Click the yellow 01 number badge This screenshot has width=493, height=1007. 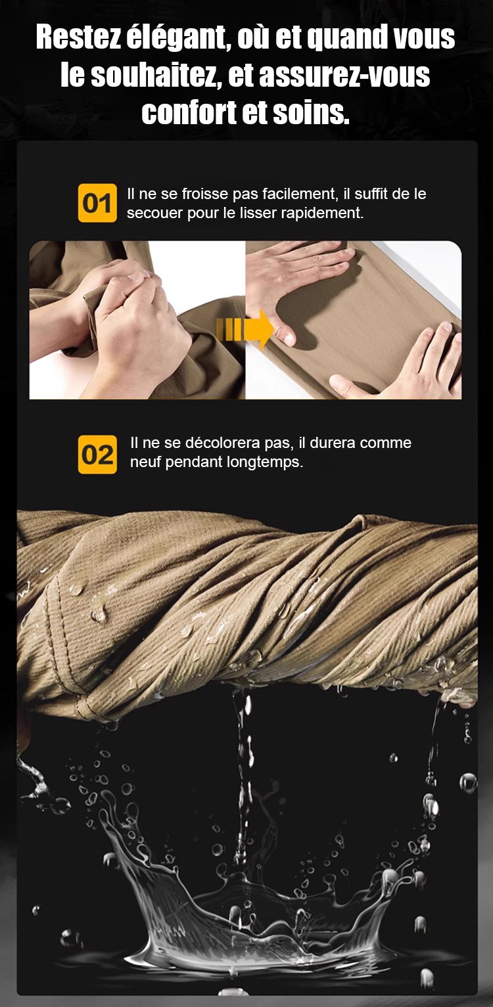97,203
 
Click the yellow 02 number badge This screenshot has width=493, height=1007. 97,455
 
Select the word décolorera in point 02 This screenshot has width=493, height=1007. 223,443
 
